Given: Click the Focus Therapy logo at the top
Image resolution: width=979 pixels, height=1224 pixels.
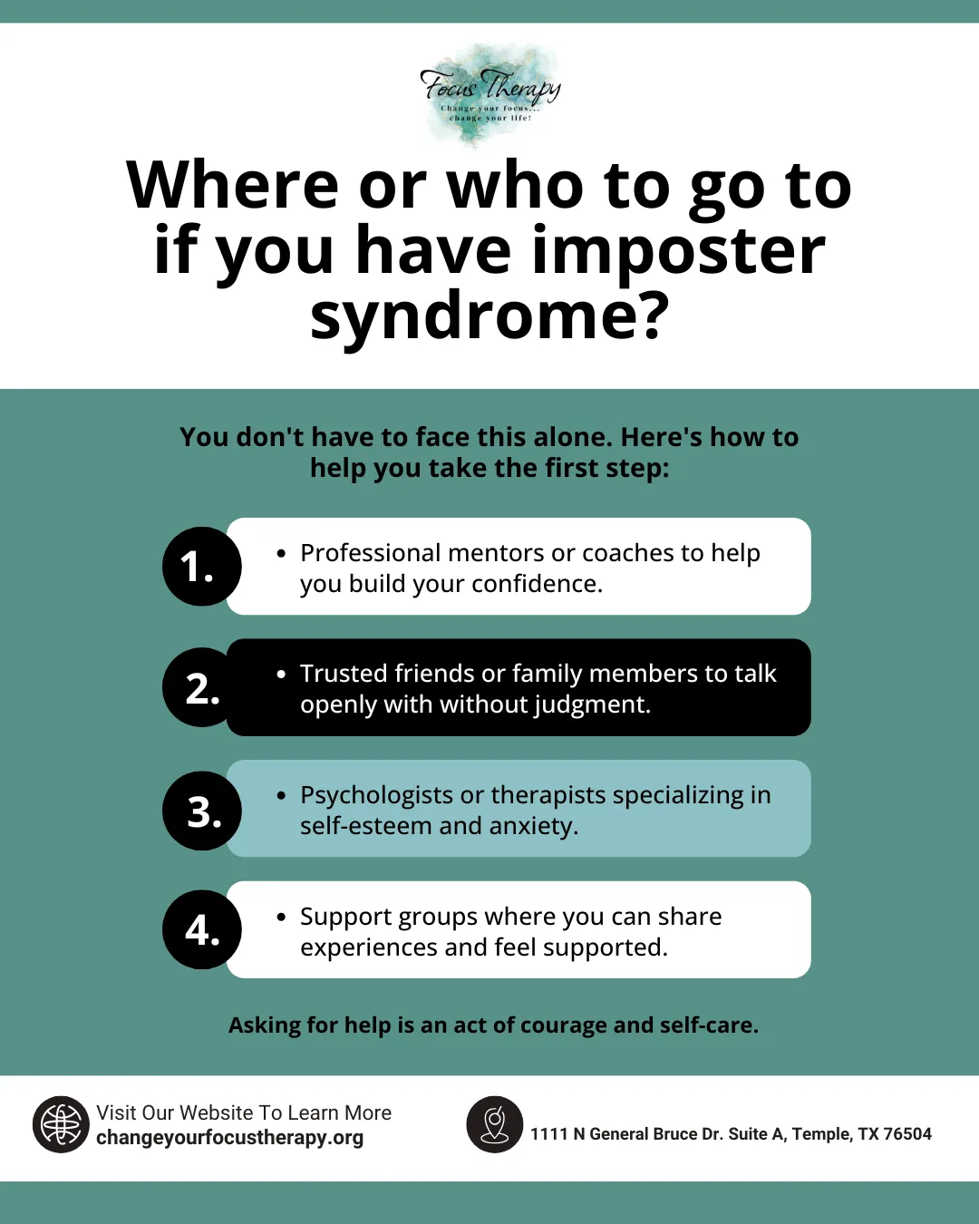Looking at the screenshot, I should tap(489, 94).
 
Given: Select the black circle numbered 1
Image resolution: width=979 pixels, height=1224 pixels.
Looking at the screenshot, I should tap(201, 567).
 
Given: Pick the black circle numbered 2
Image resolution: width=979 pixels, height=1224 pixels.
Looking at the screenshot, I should tap(201, 688).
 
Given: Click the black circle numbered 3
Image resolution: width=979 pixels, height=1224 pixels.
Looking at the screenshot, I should tap(201, 811).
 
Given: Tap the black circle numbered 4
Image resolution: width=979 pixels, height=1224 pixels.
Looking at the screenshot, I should tap(201, 930).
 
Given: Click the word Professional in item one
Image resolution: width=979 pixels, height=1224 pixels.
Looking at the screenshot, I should tap(370, 553).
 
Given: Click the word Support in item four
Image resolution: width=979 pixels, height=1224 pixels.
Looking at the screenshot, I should tap(342, 917).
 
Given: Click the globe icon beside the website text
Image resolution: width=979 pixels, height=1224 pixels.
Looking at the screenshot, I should tap(61, 1124).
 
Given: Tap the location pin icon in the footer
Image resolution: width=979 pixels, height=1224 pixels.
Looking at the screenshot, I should tap(494, 1124).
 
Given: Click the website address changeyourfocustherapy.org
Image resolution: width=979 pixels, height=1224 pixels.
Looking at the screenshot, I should tap(229, 1138).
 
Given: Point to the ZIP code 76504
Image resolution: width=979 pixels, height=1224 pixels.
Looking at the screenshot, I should tap(907, 1134).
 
